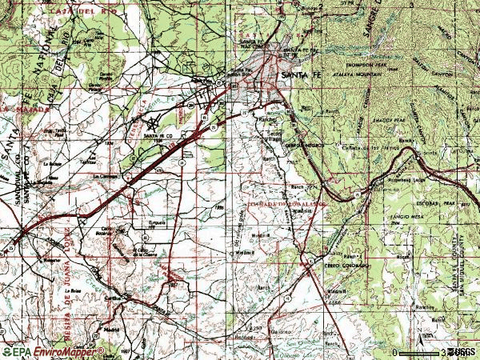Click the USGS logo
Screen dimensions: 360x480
[x=461, y=351]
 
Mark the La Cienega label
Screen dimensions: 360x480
[x=106, y=175]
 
